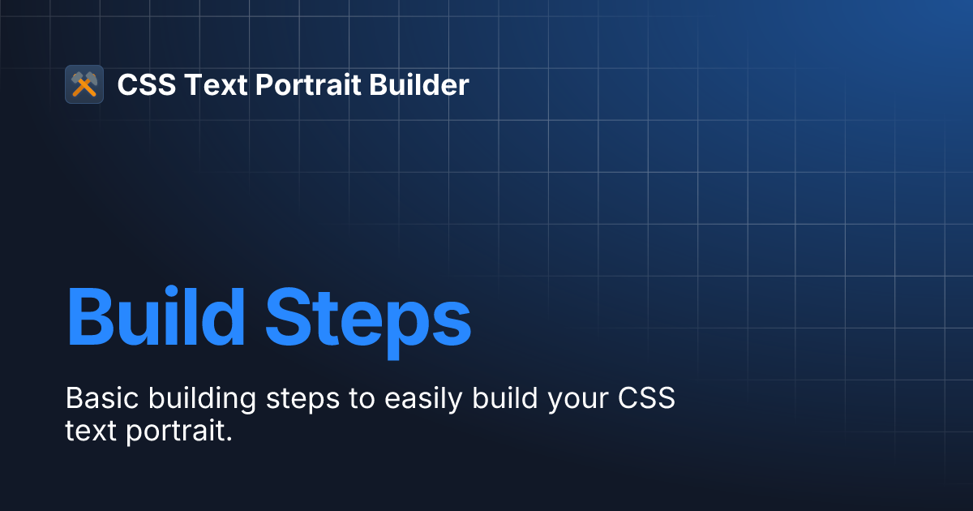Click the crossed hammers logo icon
point(84,84)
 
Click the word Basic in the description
point(96,399)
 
